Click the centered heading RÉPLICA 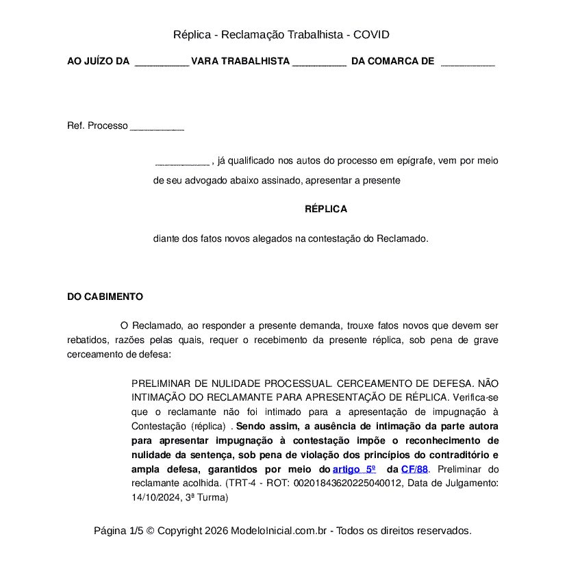click(326, 209)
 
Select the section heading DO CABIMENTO click(105, 297)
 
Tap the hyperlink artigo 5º click(354, 469)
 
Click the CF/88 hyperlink click(414, 469)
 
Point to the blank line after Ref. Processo click(157, 127)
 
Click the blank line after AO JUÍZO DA click(162, 62)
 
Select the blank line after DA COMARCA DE click(468, 62)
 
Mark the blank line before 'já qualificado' click(182, 163)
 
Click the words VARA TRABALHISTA click(240, 61)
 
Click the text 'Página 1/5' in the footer click(118, 531)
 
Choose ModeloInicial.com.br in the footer click(282, 531)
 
